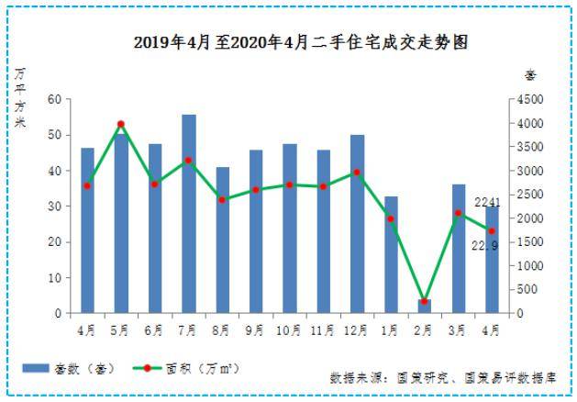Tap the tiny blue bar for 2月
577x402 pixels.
coord(424,306)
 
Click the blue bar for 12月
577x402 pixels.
coord(357,224)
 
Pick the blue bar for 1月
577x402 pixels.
coord(391,254)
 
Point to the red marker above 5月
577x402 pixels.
coord(121,124)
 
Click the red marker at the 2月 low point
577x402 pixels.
coord(424,301)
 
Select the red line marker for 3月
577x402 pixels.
coord(458,213)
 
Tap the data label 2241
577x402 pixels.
coord(486,202)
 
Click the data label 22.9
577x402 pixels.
coord(484,246)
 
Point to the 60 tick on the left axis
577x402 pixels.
coord(54,99)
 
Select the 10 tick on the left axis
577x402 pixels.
coord(54,277)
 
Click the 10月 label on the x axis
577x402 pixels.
coord(289,329)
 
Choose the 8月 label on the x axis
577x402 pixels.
coord(222,329)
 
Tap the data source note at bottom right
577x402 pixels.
coord(444,377)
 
